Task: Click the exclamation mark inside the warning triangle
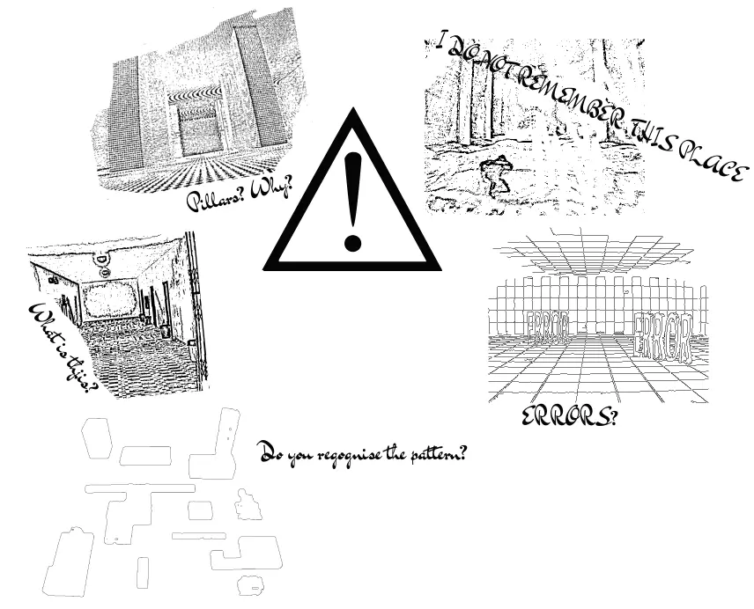[352, 202]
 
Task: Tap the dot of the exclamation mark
[352, 243]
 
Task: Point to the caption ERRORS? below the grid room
[569, 416]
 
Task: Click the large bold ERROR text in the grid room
[664, 337]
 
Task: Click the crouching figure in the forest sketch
[494, 175]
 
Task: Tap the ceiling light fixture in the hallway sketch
[103, 266]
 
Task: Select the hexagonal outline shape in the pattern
[97, 438]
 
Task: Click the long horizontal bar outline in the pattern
[140, 489]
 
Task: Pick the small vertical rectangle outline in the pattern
[143, 573]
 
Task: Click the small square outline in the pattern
[200, 510]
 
